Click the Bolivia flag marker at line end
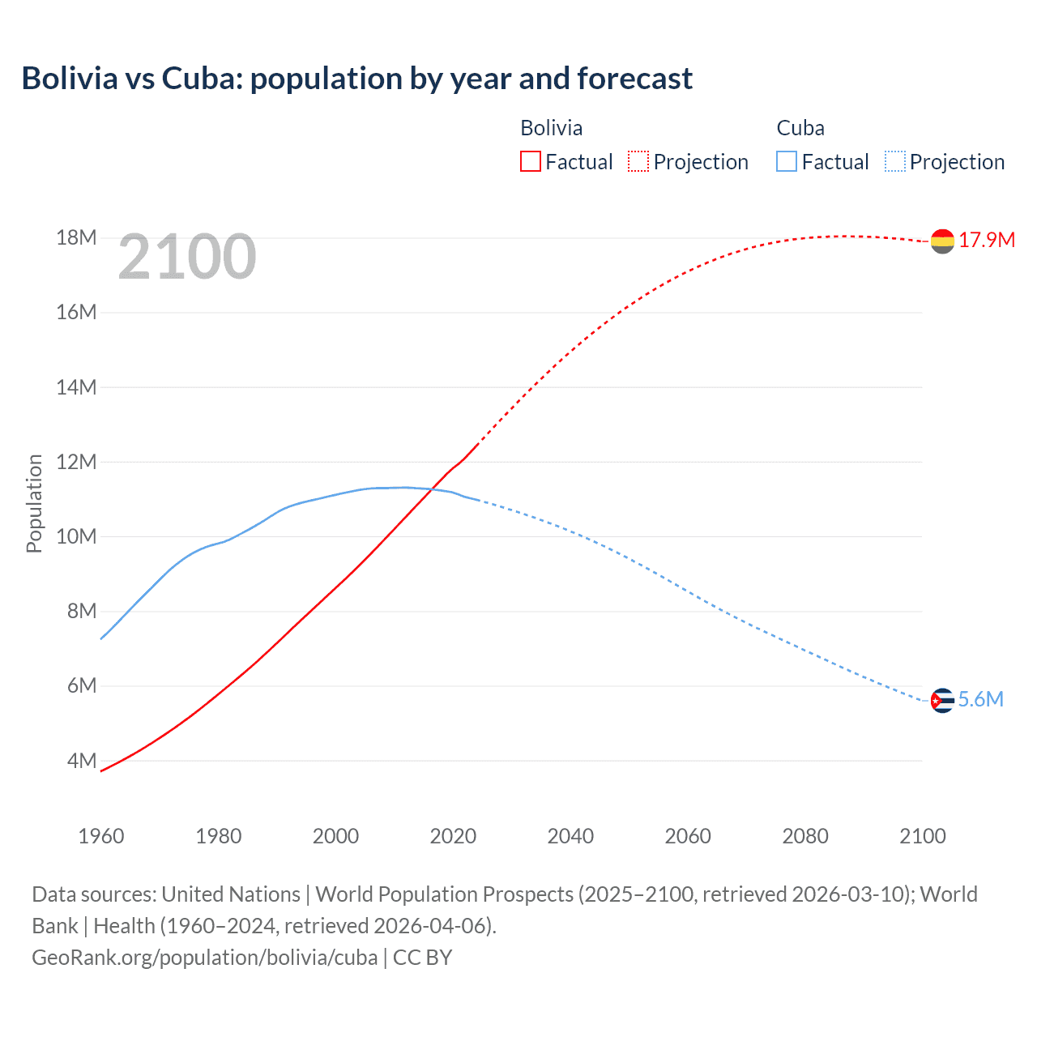[x=942, y=241]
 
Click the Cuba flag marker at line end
[x=942, y=700]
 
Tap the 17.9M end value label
[x=987, y=240]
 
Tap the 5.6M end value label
[x=980, y=699]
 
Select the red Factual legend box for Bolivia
[x=530, y=161]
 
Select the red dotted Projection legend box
[x=638, y=161]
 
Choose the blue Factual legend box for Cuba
[x=786, y=161]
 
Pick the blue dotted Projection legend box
[x=895, y=161]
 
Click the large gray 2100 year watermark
[x=187, y=257]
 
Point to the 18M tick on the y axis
[x=77, y=237]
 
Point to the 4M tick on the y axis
[x=82, y=761]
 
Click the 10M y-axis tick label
[x=77, y=536]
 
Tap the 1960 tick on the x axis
[x=101, y=836]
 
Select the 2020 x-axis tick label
[x=453, y=836]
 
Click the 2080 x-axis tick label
[x=805, y=836]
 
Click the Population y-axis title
[x=34, y=503]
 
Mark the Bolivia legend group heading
[x=551, y=128]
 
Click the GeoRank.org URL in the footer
[x=205, y=958]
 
